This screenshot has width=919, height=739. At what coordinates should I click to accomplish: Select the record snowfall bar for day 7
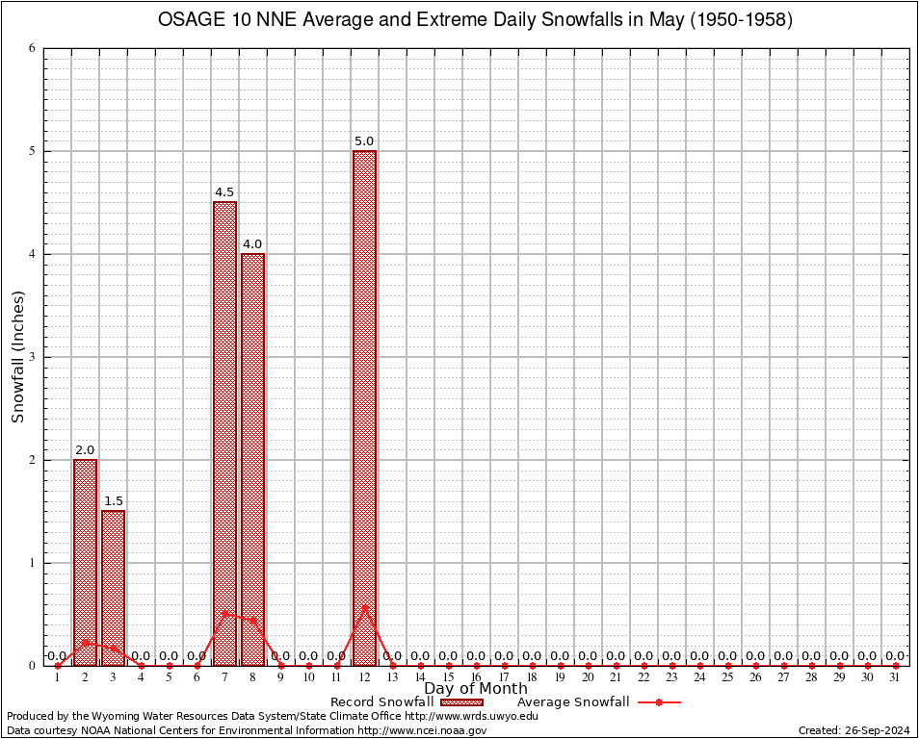coord(224,433)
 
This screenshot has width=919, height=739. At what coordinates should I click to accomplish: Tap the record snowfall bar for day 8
coord(252,459)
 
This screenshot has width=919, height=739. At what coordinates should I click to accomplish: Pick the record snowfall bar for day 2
coord(85,562)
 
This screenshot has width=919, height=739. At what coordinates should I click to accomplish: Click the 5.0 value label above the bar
coord(364,141)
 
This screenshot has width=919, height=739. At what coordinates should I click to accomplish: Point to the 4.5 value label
coord(224,192)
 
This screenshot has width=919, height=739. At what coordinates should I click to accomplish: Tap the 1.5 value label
coord(113,501)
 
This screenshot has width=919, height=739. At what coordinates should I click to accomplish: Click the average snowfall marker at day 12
coord(364,608)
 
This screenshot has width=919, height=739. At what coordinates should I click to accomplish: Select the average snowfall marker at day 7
coord(224,613)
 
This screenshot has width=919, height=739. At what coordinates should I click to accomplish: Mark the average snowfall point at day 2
coord(85,643)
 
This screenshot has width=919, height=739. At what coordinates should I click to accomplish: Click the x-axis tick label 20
coord(588,678)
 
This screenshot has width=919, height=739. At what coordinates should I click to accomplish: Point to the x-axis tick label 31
coord(895,678)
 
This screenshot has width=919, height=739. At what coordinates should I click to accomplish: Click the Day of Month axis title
coord(476,688)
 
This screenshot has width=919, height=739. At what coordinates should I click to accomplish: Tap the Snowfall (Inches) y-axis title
coord(17,357)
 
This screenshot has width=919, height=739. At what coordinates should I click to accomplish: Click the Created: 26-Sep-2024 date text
coord(854,730)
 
